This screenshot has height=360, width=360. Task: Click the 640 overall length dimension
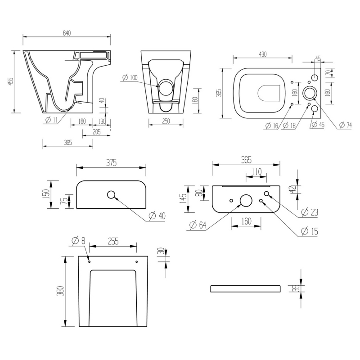(67, 33)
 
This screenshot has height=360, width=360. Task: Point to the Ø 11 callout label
(51, 120)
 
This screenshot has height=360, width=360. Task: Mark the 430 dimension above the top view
(262, 54)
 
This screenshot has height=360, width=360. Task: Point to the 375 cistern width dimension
(111, 163)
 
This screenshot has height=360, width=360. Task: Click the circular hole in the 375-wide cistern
(111, 195)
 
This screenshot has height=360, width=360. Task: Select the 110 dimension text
(256, 171)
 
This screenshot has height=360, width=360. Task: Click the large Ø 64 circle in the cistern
(246, 200)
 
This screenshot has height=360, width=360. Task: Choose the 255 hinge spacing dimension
(112, 242)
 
